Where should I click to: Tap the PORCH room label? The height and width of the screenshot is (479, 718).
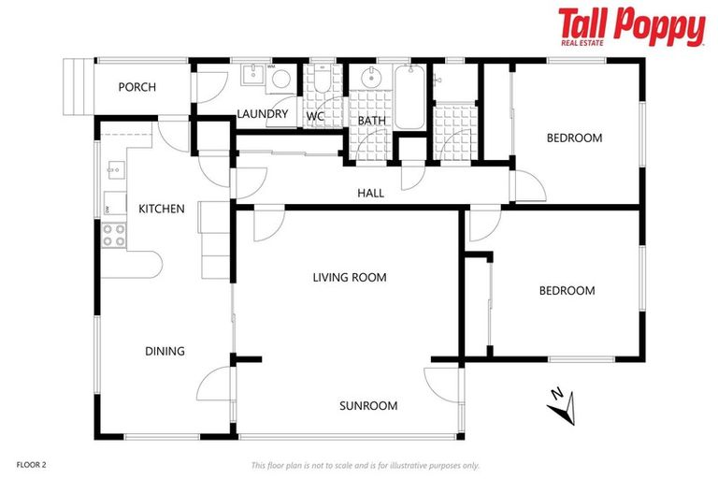[136, 87]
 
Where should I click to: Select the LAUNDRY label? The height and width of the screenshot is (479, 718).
[262, 114]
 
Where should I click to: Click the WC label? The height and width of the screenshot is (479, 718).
[315, 116]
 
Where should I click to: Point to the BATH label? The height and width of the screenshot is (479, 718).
[371, 121]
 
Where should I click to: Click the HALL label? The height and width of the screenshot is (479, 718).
[371, 194]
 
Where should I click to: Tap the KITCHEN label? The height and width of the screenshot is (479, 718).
[162, 209]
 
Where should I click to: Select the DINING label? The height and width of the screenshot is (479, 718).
[165, 351]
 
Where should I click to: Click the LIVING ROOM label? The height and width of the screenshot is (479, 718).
[349, 277]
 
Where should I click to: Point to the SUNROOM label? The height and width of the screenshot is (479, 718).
[368, 405]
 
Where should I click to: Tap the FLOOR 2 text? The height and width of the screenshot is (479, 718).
[31, 464]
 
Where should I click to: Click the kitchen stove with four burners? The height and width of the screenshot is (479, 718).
[114, 235]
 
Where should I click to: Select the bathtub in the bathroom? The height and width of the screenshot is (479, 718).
[409, 97]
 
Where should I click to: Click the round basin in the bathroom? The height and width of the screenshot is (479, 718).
[369, 78]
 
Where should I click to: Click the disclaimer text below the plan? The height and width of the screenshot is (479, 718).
[365, 465]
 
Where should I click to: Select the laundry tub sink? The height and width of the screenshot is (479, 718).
[252, 76]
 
